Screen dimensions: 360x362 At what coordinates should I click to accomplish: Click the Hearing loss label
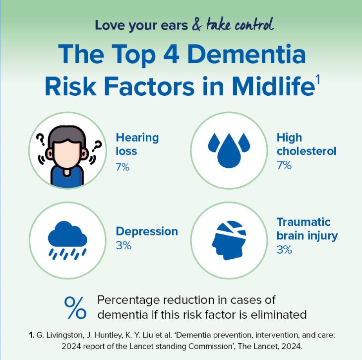pos(137,144)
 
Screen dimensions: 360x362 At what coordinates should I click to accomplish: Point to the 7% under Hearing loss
pos(122,167)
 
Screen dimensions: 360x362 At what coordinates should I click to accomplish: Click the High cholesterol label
pos(306,144)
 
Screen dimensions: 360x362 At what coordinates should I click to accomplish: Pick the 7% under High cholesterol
pos(284,165)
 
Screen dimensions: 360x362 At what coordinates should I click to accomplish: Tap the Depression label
pos(146,231)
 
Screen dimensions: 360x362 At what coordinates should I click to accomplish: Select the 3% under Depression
pos(123,245)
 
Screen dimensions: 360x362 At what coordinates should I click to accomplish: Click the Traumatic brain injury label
pos(307,228)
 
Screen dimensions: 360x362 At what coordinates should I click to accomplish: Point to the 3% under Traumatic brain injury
pos(284,250)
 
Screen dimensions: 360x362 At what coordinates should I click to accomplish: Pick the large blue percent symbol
pos(75,307)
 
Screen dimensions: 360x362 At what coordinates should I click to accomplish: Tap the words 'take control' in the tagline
pos(240,24)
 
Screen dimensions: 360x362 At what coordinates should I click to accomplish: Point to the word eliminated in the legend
pos(280,314)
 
